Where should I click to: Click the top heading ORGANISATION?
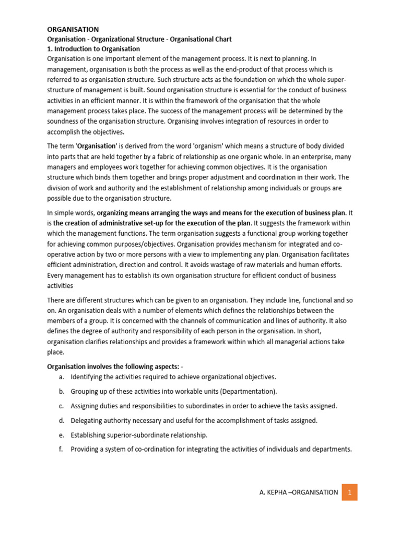[x=73, y=29]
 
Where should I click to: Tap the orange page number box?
[x=349, y=492]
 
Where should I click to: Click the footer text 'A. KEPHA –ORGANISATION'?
[x=298, y=492]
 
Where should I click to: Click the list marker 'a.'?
[x=61, y=377]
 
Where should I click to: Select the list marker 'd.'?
[x=61, y=420]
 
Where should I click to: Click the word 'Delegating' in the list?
[x=88, y=420]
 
